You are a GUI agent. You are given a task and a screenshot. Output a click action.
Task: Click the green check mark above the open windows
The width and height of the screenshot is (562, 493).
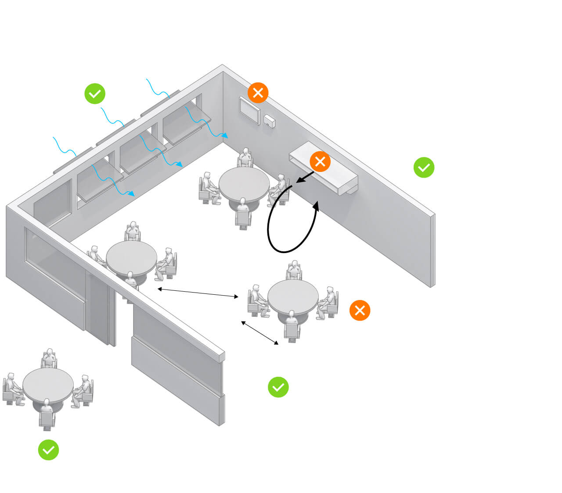95,93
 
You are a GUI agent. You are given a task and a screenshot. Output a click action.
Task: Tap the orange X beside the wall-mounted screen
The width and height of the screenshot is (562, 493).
258,93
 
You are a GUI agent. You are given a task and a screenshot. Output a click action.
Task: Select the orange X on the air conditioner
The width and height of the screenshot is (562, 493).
320,161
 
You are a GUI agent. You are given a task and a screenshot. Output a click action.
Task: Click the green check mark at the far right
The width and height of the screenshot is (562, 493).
424,168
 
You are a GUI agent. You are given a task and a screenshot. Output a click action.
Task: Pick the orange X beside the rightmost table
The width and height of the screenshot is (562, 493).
360,311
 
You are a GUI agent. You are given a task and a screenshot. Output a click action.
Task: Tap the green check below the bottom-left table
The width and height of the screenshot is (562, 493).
48,450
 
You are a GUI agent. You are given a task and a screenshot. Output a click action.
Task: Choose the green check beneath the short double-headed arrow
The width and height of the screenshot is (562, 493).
278,387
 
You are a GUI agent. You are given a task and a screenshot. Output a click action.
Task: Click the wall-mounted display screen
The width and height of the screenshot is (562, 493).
249,110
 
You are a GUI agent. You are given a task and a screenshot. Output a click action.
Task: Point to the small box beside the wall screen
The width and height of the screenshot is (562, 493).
270,121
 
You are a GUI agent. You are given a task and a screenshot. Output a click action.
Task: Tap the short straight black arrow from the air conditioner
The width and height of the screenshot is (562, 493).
305,177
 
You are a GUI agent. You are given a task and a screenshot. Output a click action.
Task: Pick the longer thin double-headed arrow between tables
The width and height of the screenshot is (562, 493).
198,293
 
